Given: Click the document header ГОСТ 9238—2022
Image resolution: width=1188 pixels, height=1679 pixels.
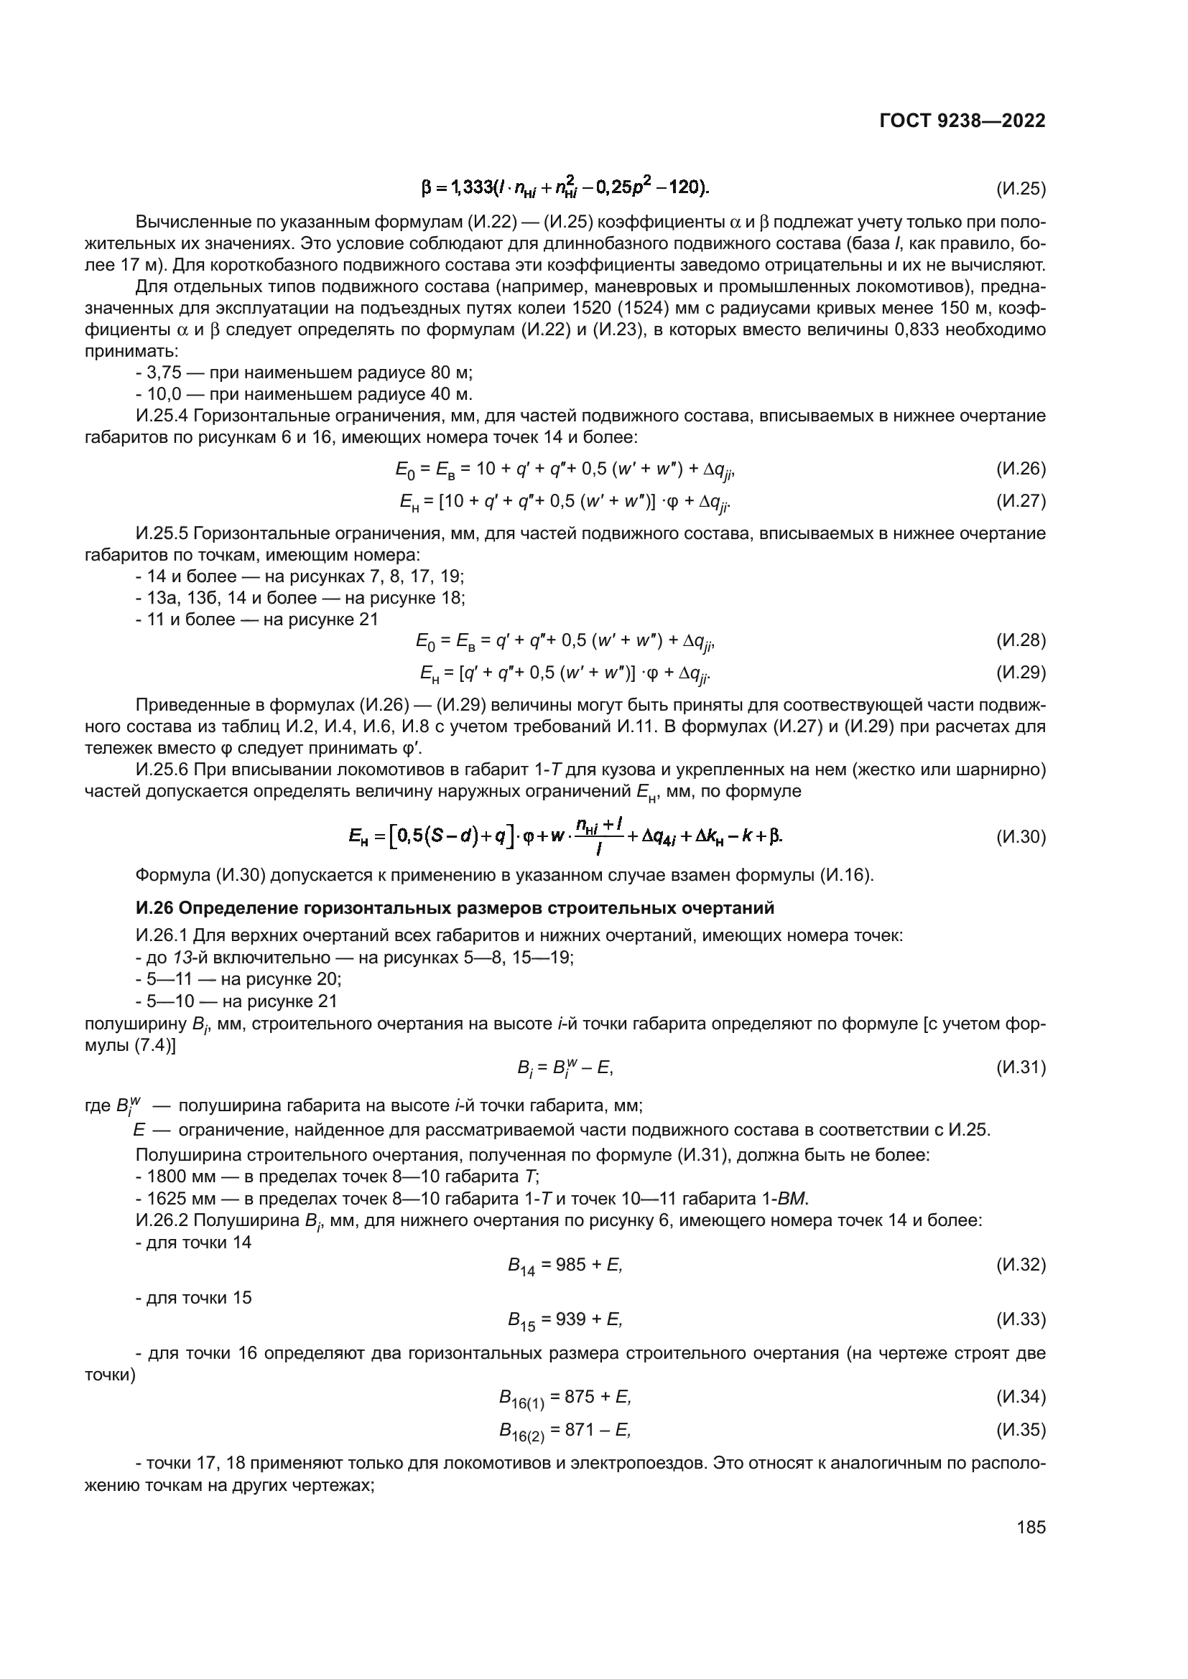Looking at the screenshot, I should (962, 121).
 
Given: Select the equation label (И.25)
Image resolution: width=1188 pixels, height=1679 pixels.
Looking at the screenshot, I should (1021, 190).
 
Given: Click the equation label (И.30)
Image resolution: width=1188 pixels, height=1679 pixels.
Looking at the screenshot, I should (1021, 837).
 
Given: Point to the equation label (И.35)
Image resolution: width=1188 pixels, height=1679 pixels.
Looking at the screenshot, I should (1021, 1430).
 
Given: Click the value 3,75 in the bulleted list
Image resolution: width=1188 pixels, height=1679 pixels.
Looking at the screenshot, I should (164, 373).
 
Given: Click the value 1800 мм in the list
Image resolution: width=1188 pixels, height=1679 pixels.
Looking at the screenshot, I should (175, 1177).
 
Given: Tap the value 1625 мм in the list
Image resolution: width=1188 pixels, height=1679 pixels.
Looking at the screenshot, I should (175, 1199).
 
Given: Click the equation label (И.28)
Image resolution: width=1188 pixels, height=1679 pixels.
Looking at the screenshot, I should (1021, 640).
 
